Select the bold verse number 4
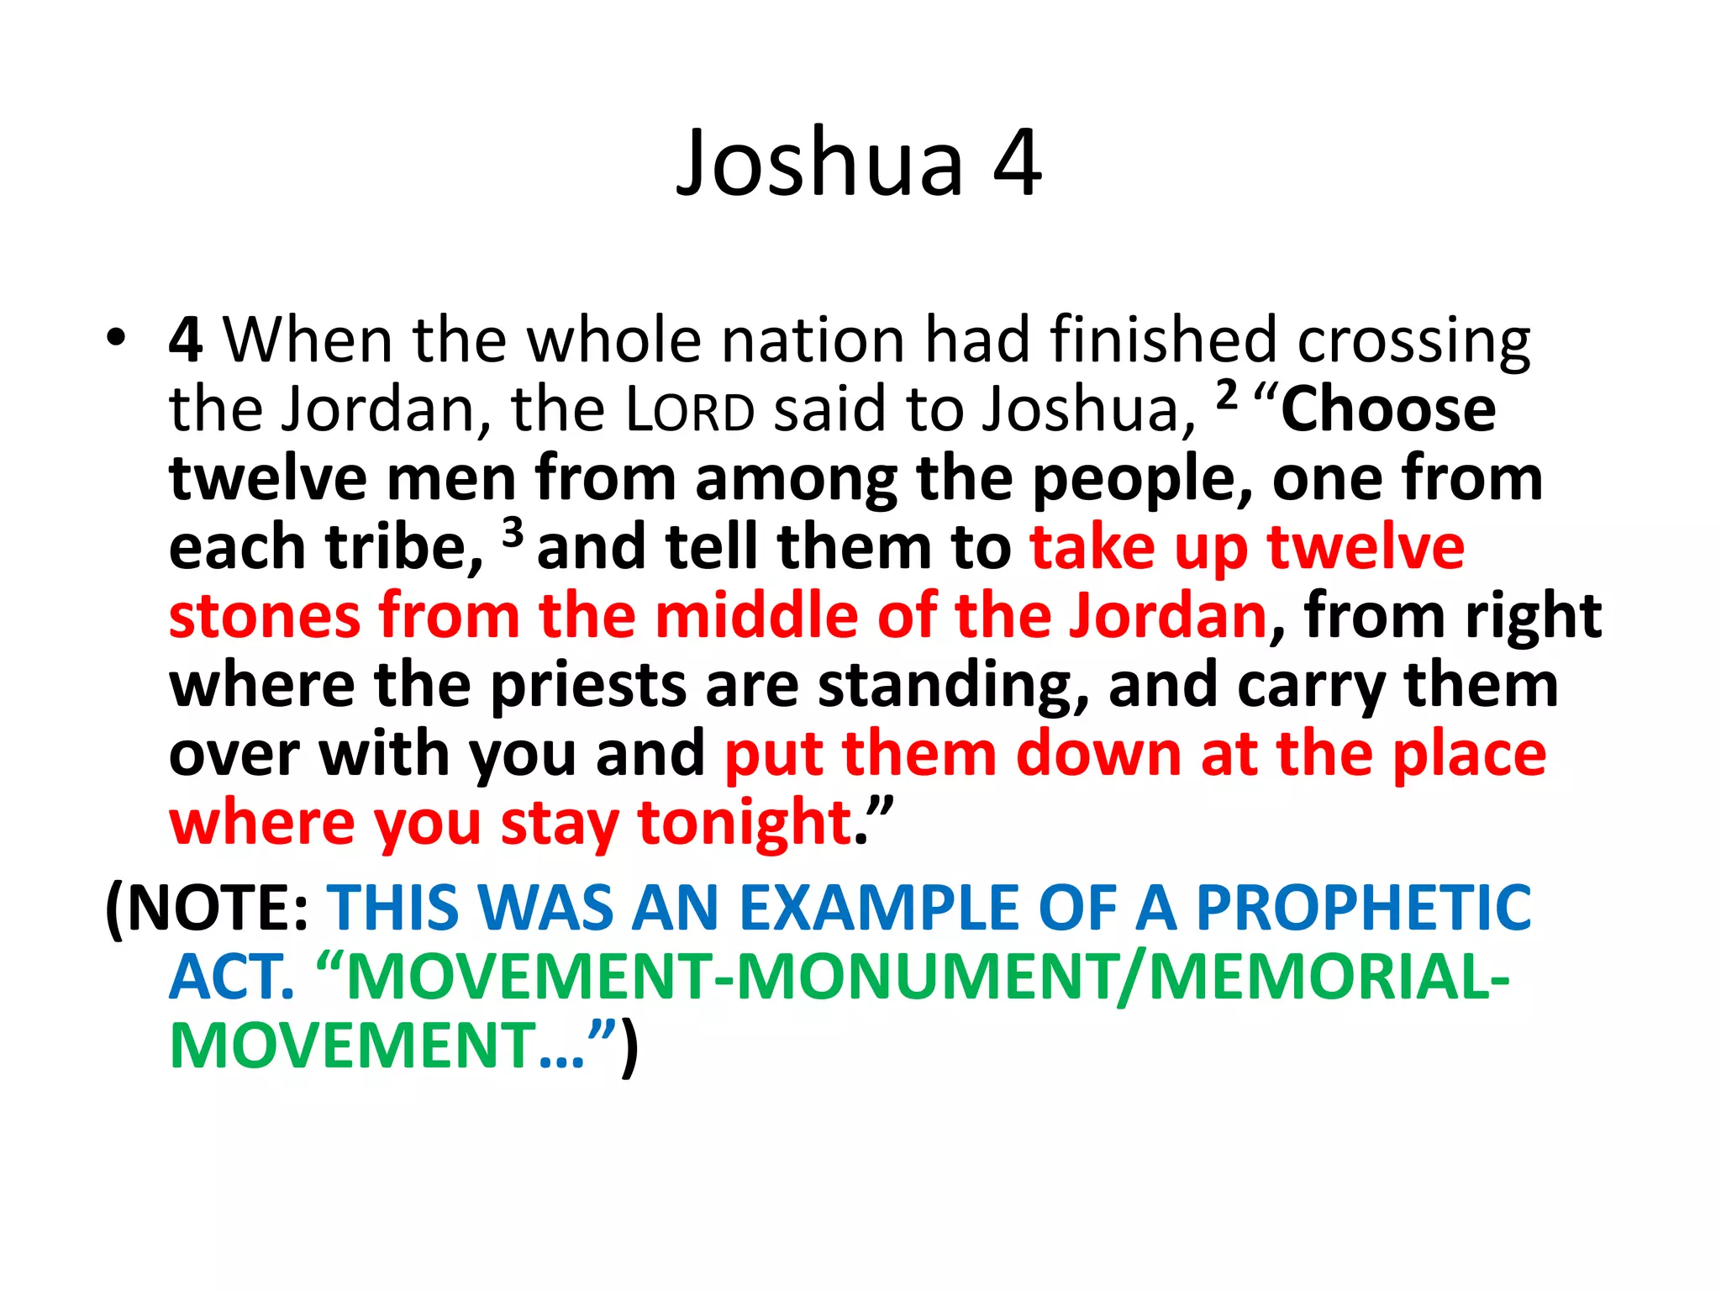pos(185,340)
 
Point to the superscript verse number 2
pos(1227,393)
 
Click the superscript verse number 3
pos(513,531)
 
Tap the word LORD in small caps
pos(691,410)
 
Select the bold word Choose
pos(1388,410)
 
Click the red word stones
pos(265,617)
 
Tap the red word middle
pos(756,617)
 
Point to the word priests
pos(589,686)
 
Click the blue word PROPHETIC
pos(1363,909)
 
